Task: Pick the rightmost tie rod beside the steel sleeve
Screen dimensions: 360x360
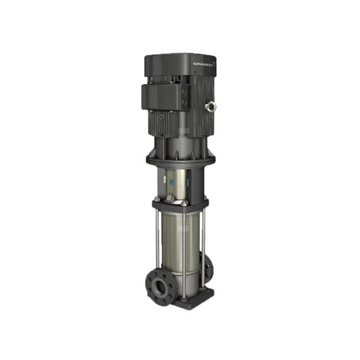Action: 203,240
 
